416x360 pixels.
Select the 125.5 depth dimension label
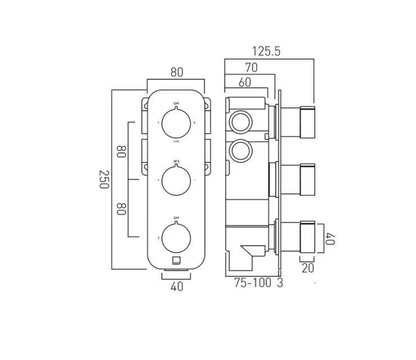266,52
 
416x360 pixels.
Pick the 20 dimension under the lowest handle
308,268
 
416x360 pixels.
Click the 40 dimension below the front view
177,286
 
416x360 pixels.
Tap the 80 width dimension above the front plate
177,73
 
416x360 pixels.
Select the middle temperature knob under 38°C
177,180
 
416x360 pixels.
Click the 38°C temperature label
177,161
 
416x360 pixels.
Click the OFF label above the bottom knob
177,217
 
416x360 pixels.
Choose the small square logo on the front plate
177,260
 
